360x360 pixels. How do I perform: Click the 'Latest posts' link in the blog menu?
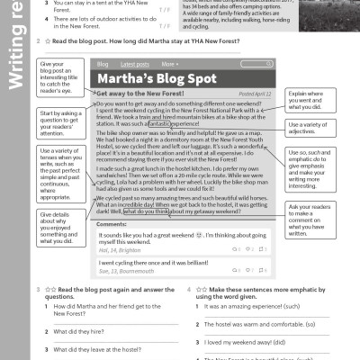[135, 65]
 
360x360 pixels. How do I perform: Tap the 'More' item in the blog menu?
[169, 65]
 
